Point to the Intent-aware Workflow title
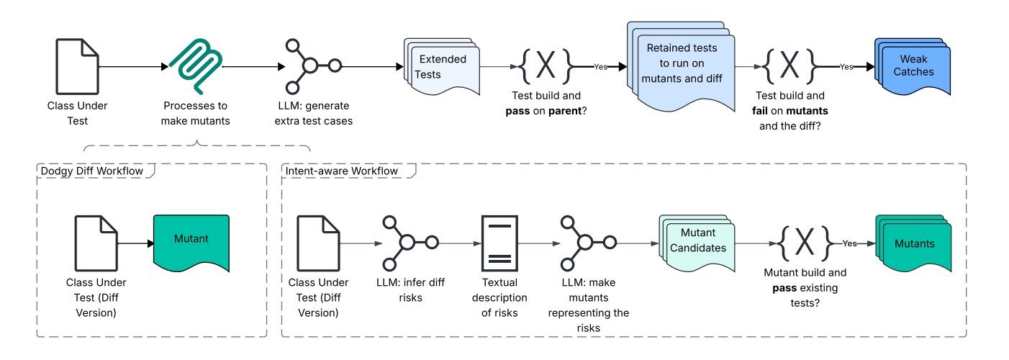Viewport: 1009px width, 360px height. pyautogui.click(x=344, y=172)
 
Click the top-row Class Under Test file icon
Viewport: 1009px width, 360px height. pyautogui.click(x=77, y=66)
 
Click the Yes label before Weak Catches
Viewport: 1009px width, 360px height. pyautogui.click(x=846, y=66)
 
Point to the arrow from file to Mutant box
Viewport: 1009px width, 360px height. pyautogui.click(x=135, y=243)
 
